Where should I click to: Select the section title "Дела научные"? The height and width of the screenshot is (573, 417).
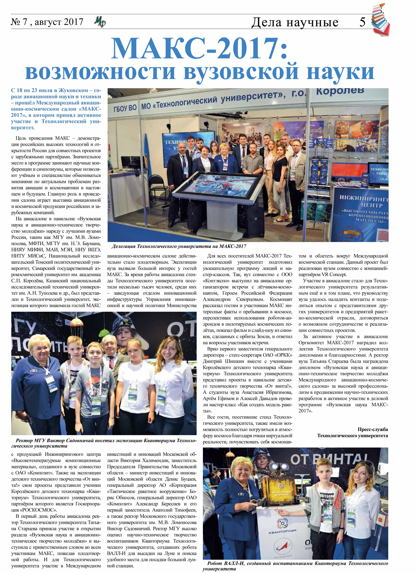click(x=295, y=22)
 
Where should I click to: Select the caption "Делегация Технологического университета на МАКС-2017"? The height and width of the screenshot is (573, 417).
click(x=179, y=246)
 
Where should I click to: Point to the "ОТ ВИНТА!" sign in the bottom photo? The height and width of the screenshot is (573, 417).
click(x=326, y=460)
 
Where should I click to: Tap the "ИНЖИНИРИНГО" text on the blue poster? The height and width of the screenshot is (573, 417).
click(x=364, y=198)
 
